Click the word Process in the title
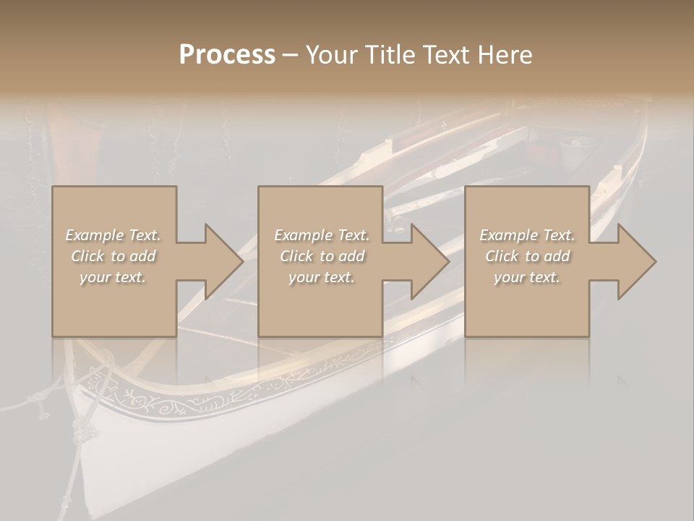click(x=227, y=55)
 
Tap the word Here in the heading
click(x=505, y=55)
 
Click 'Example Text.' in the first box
click(x=113, y=235)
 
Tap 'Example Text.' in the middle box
click(x=321, y=235)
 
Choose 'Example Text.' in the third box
click(x=527, y=235)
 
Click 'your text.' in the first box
click(x=113, y=277)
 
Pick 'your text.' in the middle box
click(x=321, y=277)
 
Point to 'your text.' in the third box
click(x=527, y=277)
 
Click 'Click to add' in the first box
click(x=113, y=256)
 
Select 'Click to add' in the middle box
click(x=321, y=256)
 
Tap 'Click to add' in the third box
click(x=527, y=256)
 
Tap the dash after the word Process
click(x=290, y=55)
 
